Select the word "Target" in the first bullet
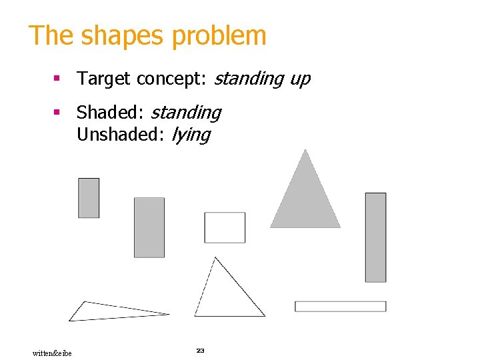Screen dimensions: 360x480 coord(104,79)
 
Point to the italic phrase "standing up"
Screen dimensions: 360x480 coord(261,79)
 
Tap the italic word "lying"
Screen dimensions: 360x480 coord(191,135)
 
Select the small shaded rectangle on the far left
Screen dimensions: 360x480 coord(89,197)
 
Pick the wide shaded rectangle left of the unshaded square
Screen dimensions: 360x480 coord(149,227)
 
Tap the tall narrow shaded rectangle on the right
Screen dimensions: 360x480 coord(375,237)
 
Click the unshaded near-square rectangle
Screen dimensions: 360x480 coord(225,227)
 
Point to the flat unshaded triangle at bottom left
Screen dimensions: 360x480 coord(107,311)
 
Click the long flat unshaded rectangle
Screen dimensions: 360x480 coord(340,306)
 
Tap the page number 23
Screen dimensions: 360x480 coord(200,350)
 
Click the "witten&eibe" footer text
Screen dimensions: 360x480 coord(52,353)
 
